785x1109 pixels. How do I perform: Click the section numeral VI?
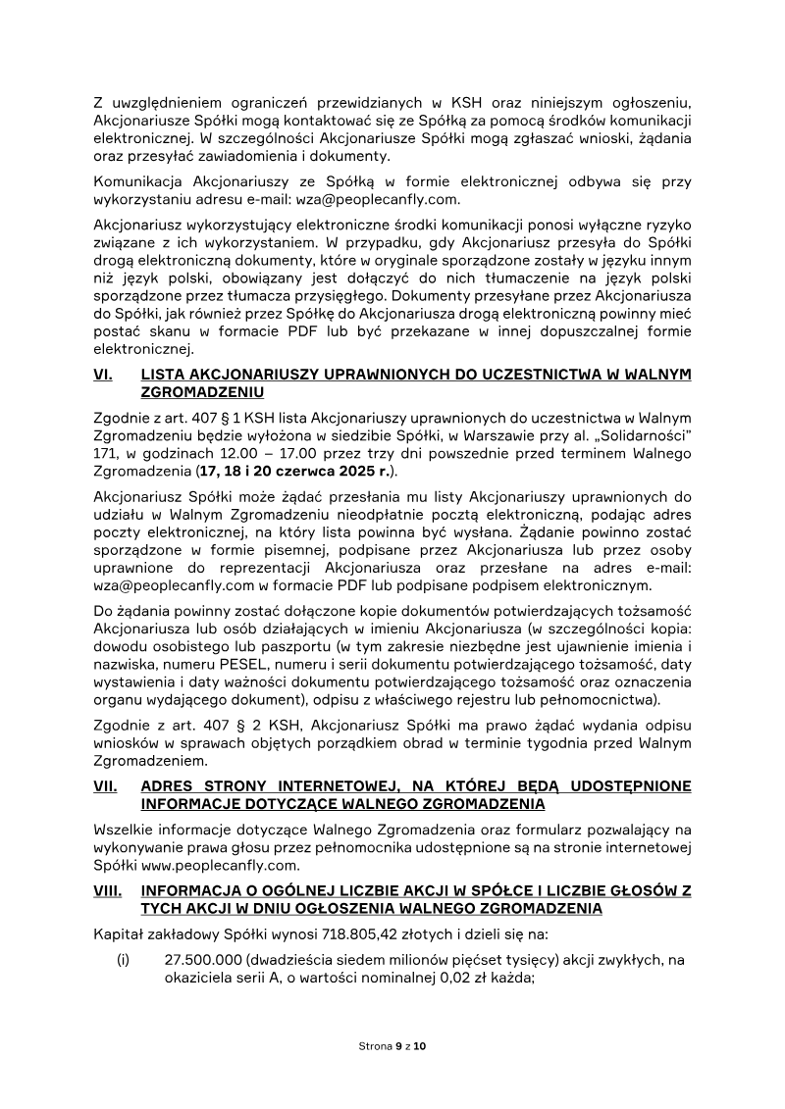point(101,374)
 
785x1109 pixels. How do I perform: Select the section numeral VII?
point(104,786)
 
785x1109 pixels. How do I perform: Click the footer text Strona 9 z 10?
point(392,1046)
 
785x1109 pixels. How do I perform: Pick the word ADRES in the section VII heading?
point(168,786)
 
